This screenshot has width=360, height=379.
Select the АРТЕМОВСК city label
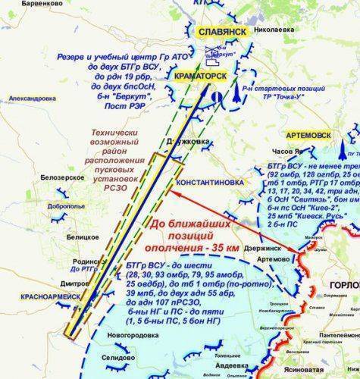tap(308, 134)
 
